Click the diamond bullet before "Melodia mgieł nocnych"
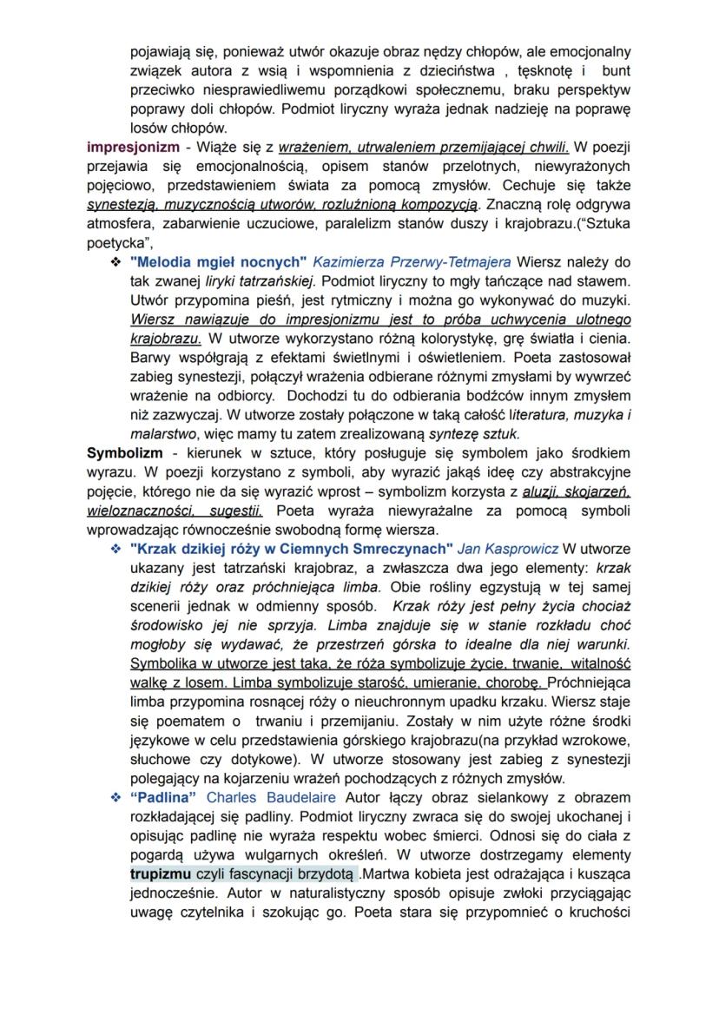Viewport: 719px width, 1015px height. [x=115, y=261]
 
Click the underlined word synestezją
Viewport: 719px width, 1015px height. [x=126, y=203]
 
